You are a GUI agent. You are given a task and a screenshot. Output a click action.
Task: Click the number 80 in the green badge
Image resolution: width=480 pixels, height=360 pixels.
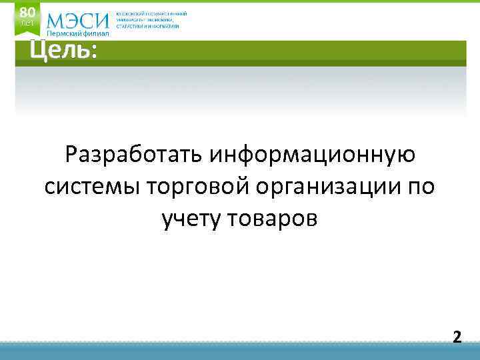click(x=27, y=12)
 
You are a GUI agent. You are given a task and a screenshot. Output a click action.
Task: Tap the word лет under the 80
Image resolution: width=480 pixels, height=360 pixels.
click(x=27, y=23)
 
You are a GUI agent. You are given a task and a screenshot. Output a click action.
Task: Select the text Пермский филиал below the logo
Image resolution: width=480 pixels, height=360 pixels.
click(x=77, y=34)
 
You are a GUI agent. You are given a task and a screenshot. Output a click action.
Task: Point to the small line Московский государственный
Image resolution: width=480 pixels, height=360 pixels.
click(x=151, y=13)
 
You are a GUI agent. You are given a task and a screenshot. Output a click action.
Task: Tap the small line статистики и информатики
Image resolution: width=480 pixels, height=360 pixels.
click(x=147, y=26)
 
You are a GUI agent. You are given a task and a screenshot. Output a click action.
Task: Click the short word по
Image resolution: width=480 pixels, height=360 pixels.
click(x=420, y=187)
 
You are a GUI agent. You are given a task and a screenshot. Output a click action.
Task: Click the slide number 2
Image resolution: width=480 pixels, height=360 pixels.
click(x=457, y=336)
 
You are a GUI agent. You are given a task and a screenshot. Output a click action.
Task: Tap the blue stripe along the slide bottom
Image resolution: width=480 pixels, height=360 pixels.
click(x=240, y=351)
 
